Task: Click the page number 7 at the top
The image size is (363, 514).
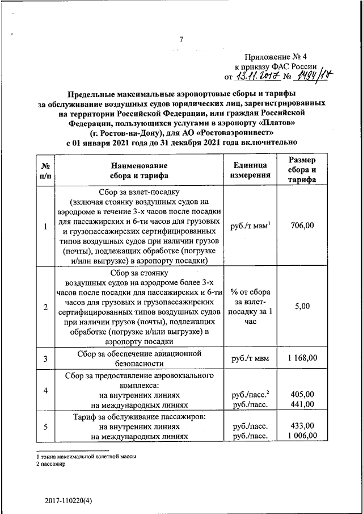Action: tap(181, 40)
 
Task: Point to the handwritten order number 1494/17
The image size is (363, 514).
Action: tap(312, 75)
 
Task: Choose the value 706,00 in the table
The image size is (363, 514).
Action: tap(302, 226)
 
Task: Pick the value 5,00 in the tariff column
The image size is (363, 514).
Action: tap(302, 306)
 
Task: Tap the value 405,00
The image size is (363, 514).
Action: tap(302, 394)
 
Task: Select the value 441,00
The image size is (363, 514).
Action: tap(302, 404)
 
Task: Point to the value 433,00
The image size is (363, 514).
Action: tap(302, 425)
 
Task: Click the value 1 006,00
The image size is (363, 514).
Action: tap(302, 436)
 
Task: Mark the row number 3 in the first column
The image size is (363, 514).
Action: tap(45, 358)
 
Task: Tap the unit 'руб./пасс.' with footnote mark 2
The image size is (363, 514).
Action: tap(250, 394)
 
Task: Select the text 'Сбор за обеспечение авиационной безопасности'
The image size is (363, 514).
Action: tap(139, 358)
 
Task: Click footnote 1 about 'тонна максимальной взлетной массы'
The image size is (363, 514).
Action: tap(86, 457)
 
